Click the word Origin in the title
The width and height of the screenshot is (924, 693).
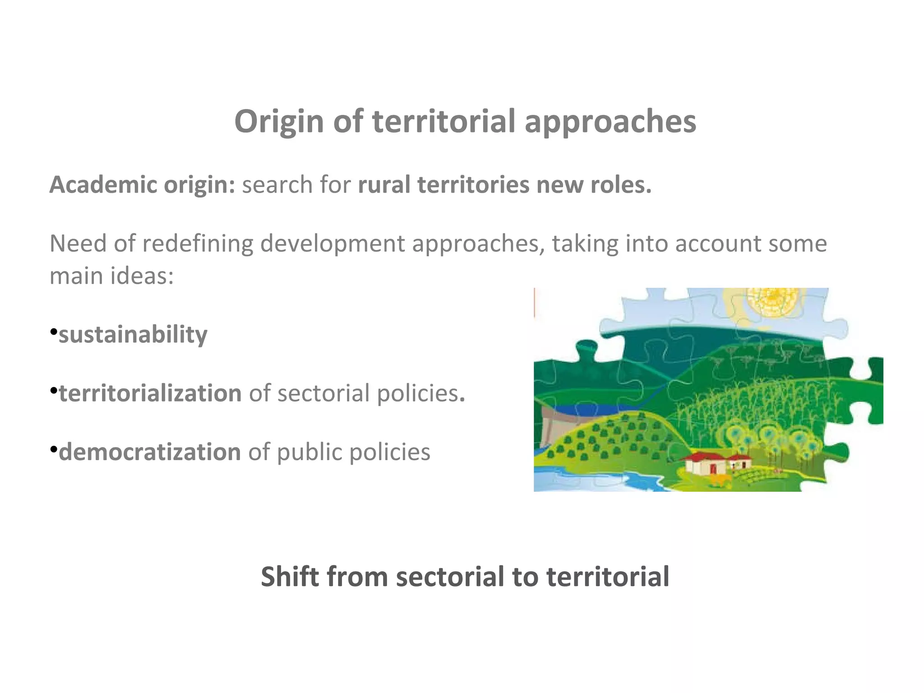(279, 122)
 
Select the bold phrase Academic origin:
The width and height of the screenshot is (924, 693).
(142, 185)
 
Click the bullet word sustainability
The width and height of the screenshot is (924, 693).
(133, 335)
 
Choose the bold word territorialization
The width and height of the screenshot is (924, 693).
(150, 393)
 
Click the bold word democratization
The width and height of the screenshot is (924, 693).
(150, 452)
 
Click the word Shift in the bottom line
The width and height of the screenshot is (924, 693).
(289, 577)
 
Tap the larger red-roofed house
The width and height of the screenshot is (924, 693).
(704, 463)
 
